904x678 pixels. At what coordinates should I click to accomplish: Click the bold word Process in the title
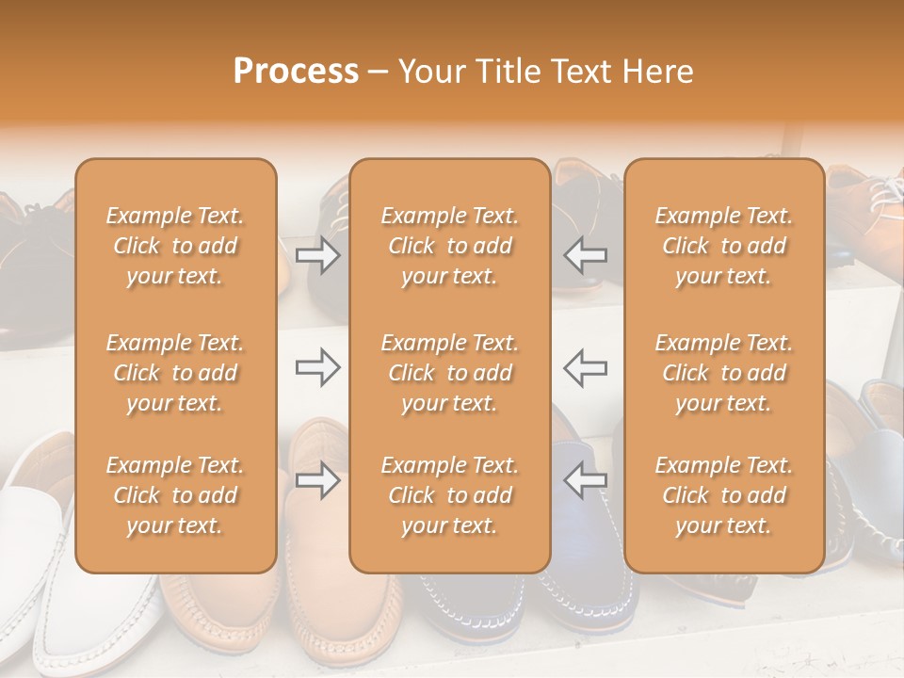(296, 72)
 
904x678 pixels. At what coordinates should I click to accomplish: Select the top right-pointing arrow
(317, 255)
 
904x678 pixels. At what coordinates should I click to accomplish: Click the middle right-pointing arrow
(317, 367)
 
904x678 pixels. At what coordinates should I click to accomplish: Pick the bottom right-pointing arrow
(317, 480)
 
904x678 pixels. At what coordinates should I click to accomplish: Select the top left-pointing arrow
(585, 255)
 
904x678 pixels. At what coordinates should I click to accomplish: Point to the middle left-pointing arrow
(585, 367)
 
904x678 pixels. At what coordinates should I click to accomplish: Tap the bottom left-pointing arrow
(585, 480)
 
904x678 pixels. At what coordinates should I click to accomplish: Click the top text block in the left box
(175, 246)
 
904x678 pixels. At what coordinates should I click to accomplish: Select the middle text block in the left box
(175, 373)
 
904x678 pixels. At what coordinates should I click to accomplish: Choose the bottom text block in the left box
(175, 495)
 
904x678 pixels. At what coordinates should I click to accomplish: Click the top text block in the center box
(449, 246)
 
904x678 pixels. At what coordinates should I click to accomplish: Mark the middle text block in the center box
(449, 373)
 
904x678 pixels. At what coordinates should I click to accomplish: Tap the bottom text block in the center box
(449, 495)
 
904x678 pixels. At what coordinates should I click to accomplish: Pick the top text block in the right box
(723, 246)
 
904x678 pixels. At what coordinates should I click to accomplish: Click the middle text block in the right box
(723, 373)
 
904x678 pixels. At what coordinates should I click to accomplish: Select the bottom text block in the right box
(723, 495)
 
